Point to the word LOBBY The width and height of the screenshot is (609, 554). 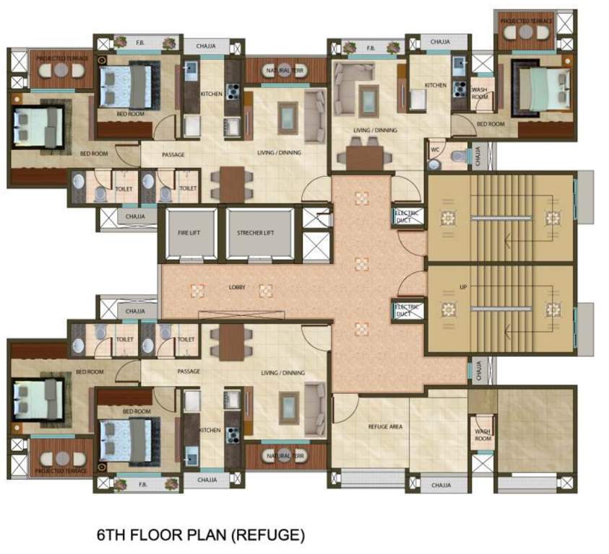coord(237,288)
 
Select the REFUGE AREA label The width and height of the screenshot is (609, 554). coord(385,426)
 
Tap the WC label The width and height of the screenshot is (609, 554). coord(435,150)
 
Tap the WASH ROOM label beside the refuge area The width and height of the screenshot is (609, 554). coord(483,435)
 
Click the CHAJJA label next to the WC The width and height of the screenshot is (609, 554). coord(478,154)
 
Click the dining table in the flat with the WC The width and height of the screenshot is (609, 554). coord(365,154)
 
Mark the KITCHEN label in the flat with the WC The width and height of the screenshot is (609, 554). coord(435,85)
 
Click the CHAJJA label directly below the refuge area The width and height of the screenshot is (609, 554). coord(441,485)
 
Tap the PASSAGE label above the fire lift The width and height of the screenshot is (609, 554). coord(173,154)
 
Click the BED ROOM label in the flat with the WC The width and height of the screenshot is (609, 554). coord(491,124)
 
